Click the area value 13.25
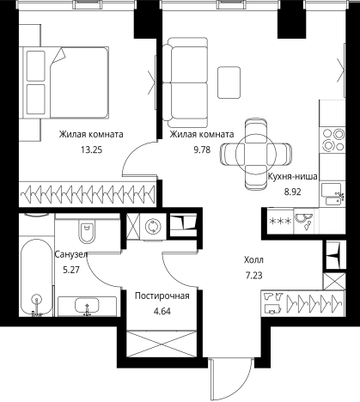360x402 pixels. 91,149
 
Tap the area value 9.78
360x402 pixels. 202,149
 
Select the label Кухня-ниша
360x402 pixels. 293,176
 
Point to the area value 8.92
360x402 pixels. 292,192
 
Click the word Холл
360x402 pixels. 253,260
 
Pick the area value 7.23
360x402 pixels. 253,276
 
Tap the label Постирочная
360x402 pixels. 162,295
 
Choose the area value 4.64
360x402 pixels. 162,311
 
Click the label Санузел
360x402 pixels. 70,254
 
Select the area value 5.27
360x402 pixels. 71,270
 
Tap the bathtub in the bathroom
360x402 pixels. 36,277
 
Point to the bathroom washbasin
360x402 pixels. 87,306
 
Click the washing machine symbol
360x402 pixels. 151,227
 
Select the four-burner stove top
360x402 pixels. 333,139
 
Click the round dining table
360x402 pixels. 256,154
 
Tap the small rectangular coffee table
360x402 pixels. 229,82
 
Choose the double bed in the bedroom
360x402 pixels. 67,82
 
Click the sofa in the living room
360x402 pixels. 185,82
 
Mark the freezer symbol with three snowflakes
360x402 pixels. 280,222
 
